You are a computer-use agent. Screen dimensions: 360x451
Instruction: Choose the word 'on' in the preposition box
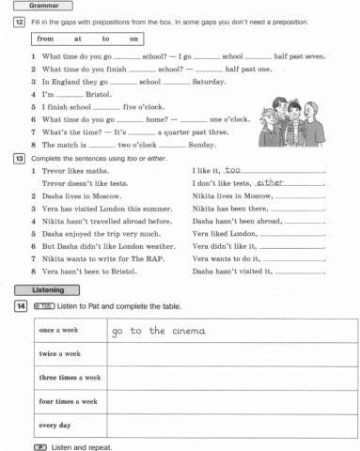click(134, 39)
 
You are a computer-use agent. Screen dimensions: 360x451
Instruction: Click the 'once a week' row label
click(59, 331)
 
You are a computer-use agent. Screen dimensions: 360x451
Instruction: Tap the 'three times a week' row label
click(70, 377)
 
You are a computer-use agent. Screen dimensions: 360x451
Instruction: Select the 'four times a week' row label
click(68, 401)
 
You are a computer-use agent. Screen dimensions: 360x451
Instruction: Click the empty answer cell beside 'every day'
click(230, 425)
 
